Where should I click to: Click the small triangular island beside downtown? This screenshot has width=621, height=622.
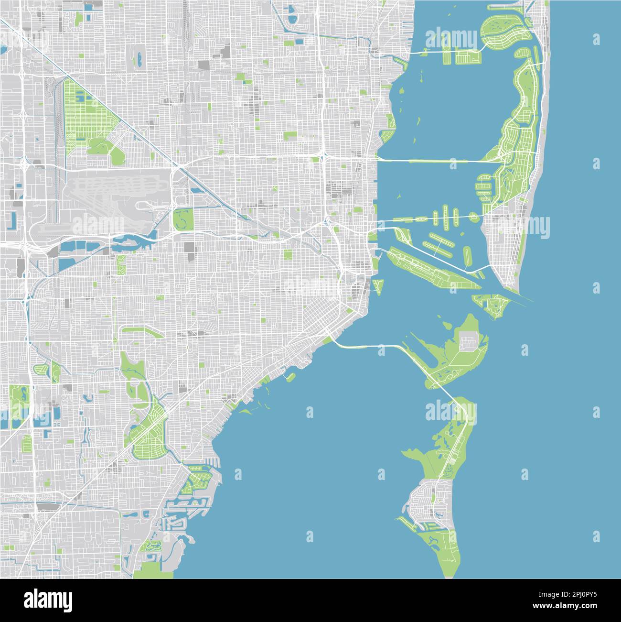tap(378, 286)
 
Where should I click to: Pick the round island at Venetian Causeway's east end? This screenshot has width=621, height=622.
tap(473, 217)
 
